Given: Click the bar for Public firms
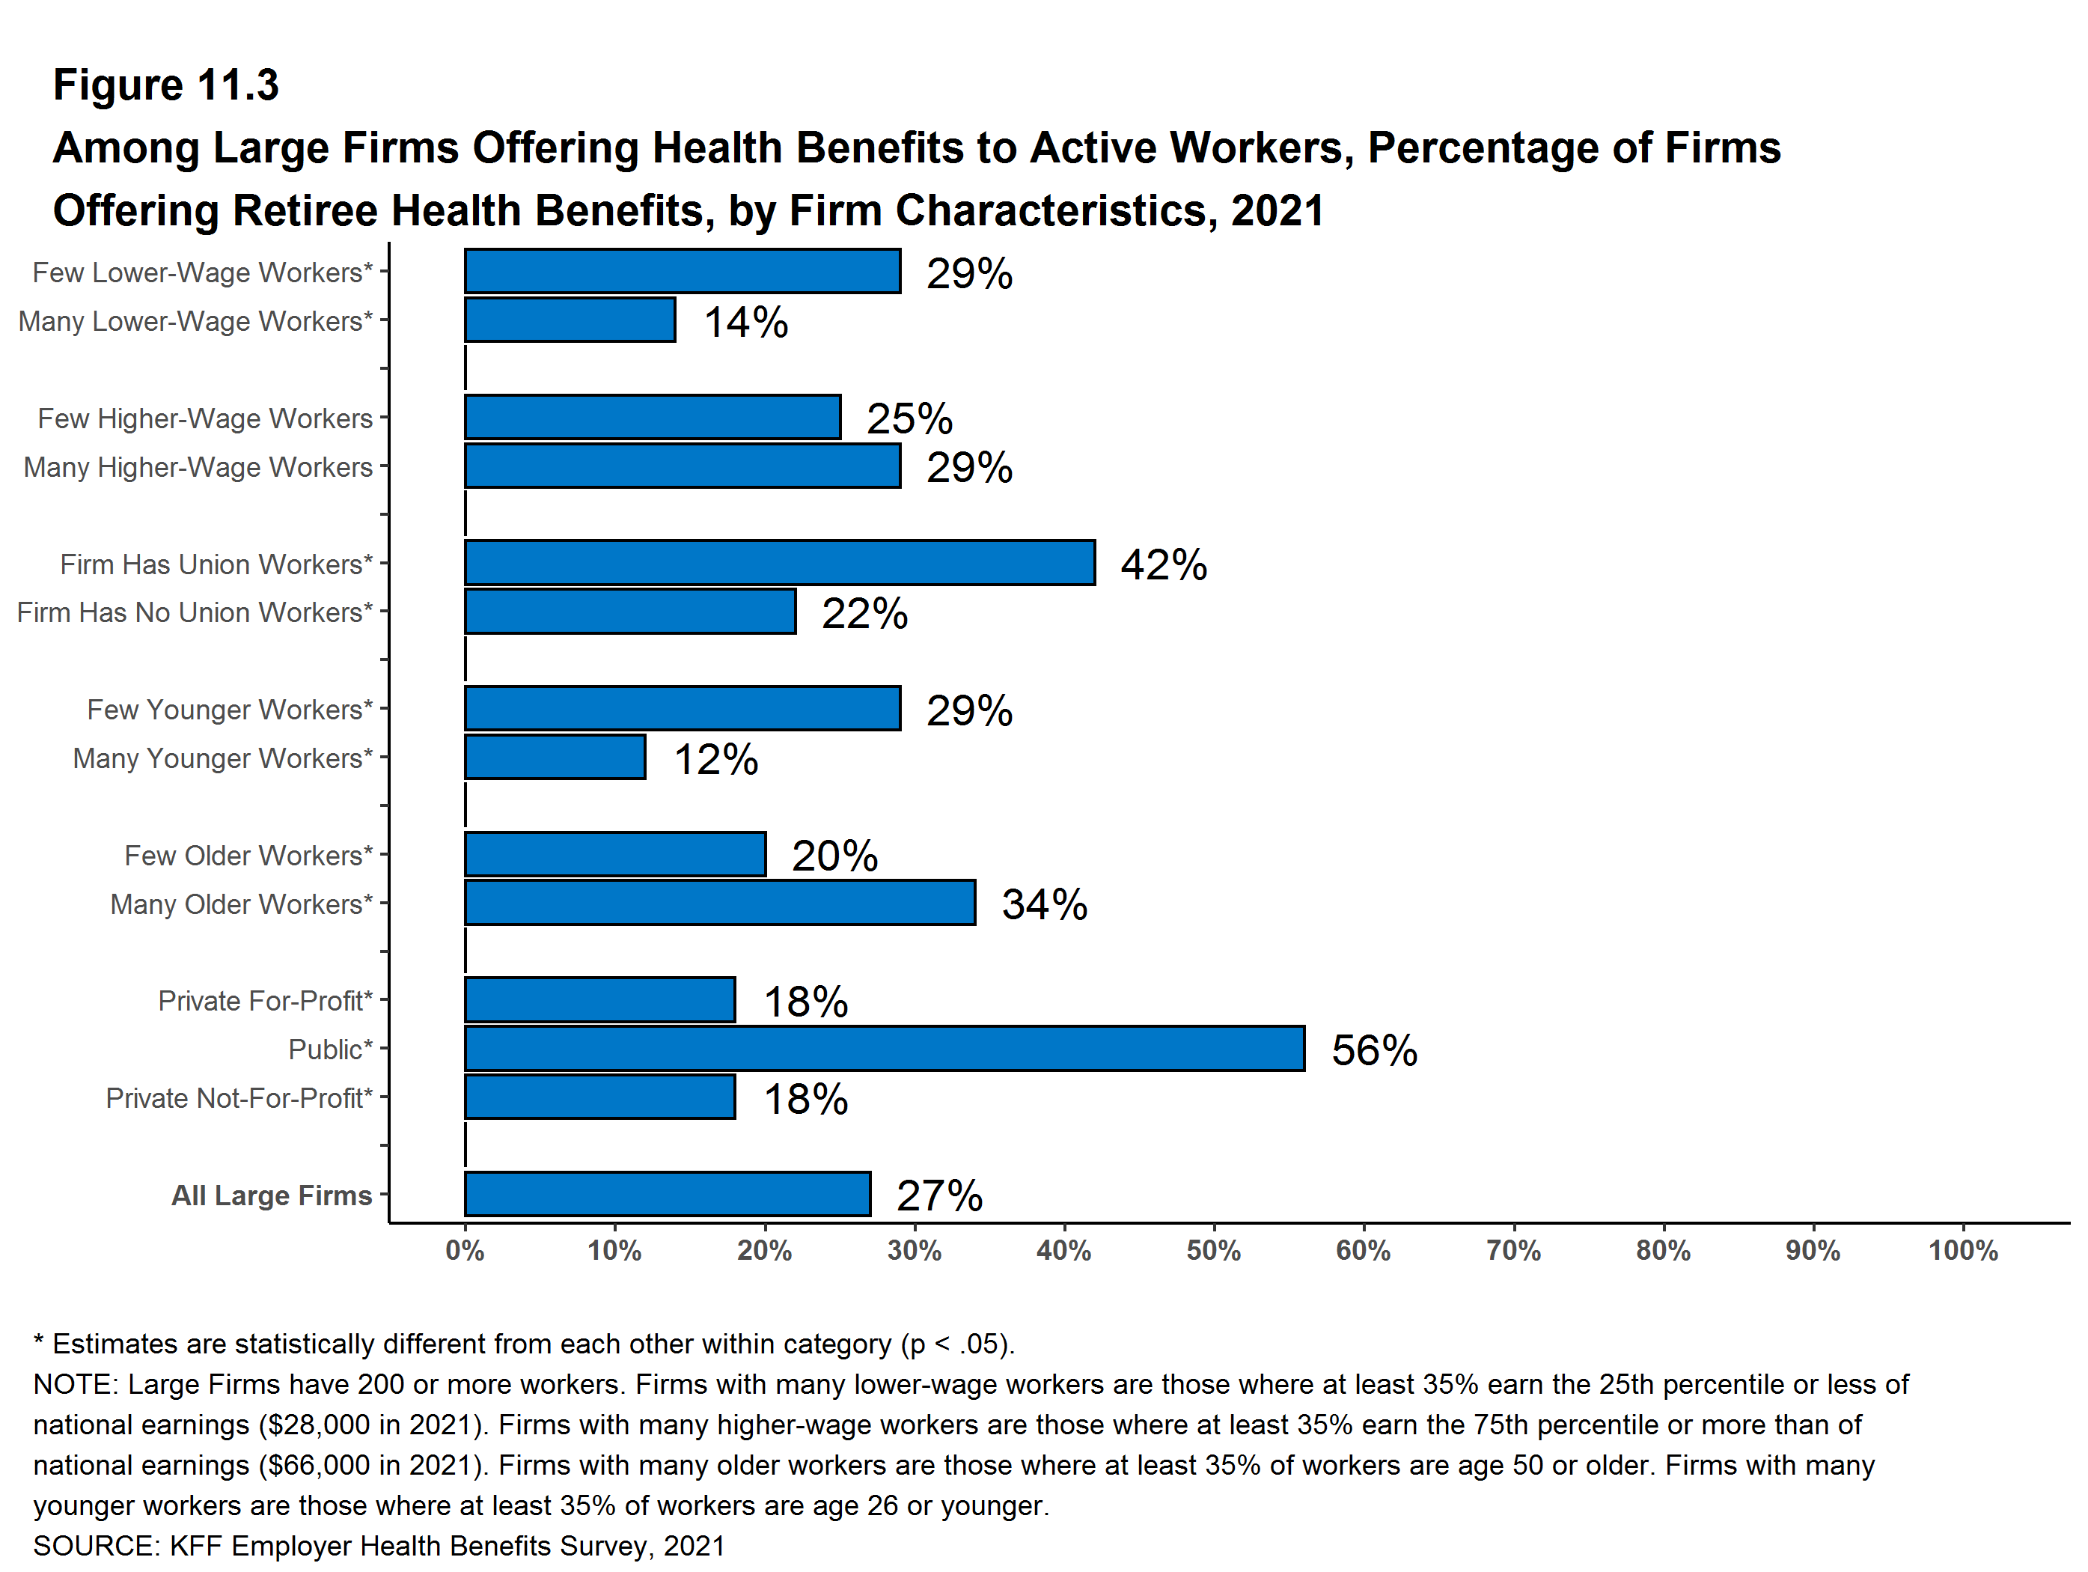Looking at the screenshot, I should coord(884,1049).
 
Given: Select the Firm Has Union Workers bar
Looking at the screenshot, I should coord(779,564).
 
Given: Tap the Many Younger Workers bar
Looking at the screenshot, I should coord(555,758).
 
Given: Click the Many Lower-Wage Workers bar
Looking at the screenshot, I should coord(570,320).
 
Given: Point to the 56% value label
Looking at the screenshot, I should coord(1373,1051).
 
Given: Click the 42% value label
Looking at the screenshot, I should coord(1163,564).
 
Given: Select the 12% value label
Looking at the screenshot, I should coord(715,759).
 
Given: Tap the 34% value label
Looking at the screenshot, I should coord(1044,904).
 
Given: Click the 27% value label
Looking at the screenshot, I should coord(939,1196).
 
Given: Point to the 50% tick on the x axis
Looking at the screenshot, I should coord(1213,1251).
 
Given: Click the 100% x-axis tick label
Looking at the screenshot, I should coord(1962,1251).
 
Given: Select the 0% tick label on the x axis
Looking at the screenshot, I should coord(465,1251).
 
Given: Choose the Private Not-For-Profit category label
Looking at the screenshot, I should coord(239,1098).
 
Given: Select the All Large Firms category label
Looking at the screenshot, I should coord(272,1195).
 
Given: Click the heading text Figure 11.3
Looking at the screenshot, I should coord(166,85).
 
